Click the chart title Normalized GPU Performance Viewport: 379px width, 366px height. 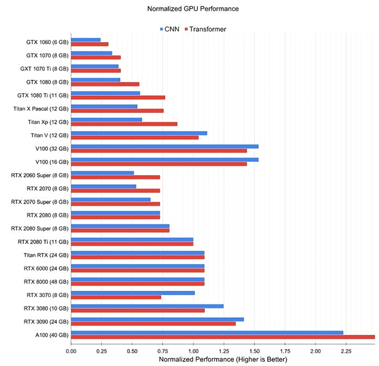(189, 10)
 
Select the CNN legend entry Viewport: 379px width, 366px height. (170, 29)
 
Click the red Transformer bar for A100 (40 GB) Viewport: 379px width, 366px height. (223, 337)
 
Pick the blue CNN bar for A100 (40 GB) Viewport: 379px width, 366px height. (207, 332)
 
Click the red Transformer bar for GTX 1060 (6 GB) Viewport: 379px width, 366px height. (90, 44)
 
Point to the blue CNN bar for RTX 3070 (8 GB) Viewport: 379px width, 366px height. (132, 293)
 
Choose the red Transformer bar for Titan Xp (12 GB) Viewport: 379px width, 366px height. (124, 124)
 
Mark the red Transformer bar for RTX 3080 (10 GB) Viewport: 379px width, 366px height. (138, 310)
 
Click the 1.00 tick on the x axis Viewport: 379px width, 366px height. (193, 351)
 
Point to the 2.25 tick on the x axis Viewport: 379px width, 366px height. (345, 351)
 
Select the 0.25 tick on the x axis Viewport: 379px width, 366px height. (101, 351)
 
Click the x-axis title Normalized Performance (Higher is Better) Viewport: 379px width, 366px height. (222, 359)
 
